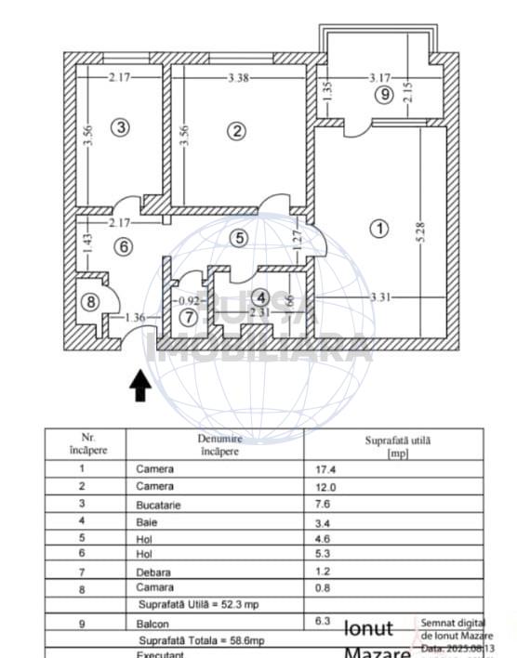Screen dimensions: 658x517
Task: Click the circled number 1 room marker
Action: pyautogui.click(x=378, y=228)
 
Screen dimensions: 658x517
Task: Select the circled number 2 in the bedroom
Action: pyautogui.click(x=237, y=130)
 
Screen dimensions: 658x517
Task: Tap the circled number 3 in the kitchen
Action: pyautogui.click(x=120, y=126)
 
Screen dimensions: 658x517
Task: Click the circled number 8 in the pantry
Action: pyautogui.click(x=89, y=301)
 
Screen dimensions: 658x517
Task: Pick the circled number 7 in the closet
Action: pyautogui.click(x=189, y=317)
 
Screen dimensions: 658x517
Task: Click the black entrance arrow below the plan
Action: pyautogui.click(x=140, y=385)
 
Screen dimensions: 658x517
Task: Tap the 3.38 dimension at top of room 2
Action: pyautogui.click(x=237, y=77)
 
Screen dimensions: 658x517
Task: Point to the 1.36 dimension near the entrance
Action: pyautogui.click(x=135, y=317)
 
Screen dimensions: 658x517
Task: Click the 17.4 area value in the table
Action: pyautogui.click(x=325, y=469)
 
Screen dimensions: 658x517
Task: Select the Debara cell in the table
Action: pyautogui.click(x=154, y=572)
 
